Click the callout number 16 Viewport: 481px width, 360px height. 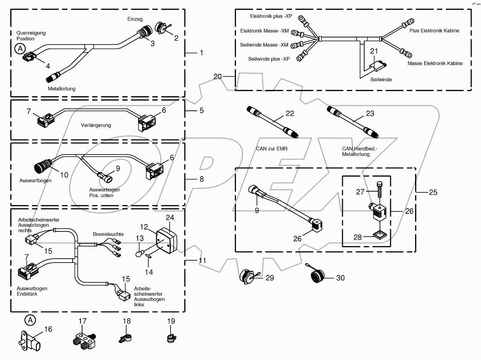(x=48, y=329)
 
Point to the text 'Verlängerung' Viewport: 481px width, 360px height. (x=96, y=125)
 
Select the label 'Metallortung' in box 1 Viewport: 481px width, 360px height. (x=61, y=89)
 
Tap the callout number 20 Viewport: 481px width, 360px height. (x=218, y=76)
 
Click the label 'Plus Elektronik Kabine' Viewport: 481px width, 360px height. (x=434, y=30)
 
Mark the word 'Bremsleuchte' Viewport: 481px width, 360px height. (x=108, y=234)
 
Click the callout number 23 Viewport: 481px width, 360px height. (x=370, y=113)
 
